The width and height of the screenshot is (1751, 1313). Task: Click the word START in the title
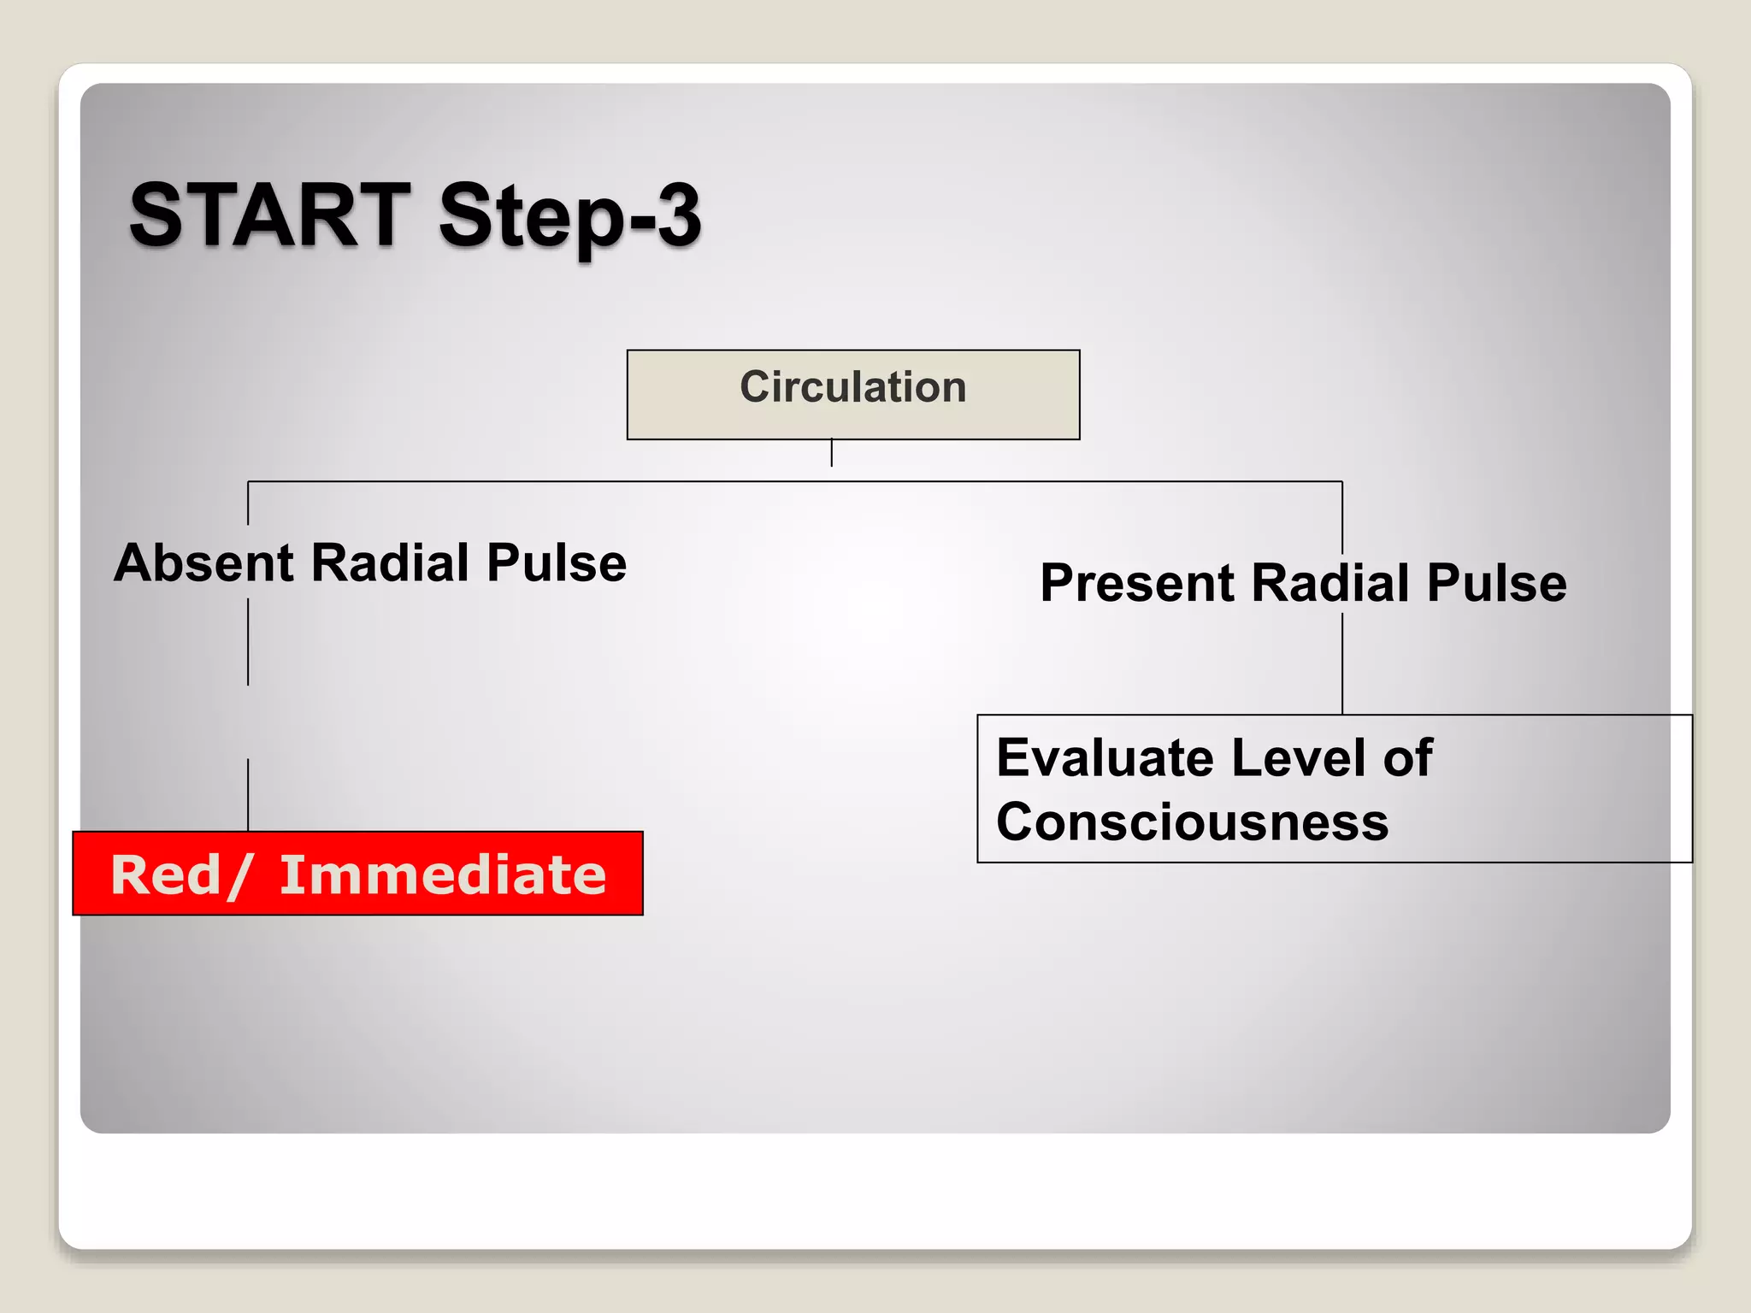pos(269,215)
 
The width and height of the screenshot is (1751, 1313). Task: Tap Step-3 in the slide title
pos(569,217)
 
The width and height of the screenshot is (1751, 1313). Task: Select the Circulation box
pos(852,395)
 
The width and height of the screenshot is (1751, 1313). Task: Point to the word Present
pos(1137,584)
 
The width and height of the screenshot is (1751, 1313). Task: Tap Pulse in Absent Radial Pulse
pos(557,563)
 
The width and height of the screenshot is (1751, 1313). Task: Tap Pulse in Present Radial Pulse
pos(1496,584)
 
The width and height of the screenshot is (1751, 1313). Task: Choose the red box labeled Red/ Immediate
pos(357,874)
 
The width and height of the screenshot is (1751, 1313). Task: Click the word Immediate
pos(443,875)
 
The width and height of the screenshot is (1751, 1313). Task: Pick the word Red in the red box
pos(167,875)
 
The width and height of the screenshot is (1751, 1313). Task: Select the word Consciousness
pos(1192,823)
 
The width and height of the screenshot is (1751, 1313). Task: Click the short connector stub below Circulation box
pos(831,453)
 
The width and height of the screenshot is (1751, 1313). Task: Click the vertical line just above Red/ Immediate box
pos(248,795)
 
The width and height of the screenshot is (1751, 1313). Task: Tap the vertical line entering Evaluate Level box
pos(1342,667)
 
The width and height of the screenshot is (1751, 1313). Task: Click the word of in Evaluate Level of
pos(1407,758)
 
